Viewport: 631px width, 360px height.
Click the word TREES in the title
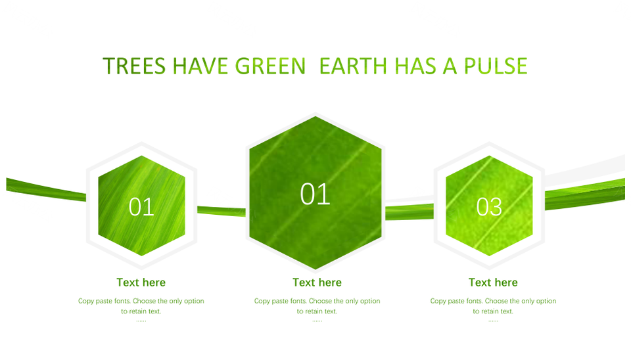[134, 66]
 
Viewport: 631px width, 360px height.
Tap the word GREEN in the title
[270, 66]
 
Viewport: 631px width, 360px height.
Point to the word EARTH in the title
[353, 66]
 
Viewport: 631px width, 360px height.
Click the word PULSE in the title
[496, 66]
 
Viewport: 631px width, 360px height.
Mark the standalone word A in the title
[450, 66]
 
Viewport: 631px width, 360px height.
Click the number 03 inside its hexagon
[489, 207]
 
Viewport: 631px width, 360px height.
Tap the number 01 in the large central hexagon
[315, 194]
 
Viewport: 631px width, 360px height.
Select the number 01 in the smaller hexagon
[141, 207]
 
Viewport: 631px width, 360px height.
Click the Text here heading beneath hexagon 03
[493, 282]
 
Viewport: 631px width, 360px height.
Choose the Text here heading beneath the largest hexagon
[317, 282]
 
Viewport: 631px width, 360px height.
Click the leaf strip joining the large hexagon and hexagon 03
[409, 212]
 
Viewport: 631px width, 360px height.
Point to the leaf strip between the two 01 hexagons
[222, 211]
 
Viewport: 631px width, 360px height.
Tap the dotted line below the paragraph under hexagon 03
[494, 321]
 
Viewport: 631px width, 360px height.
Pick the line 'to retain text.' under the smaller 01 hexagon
[141, 311]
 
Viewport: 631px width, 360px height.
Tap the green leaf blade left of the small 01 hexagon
[46, 190]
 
